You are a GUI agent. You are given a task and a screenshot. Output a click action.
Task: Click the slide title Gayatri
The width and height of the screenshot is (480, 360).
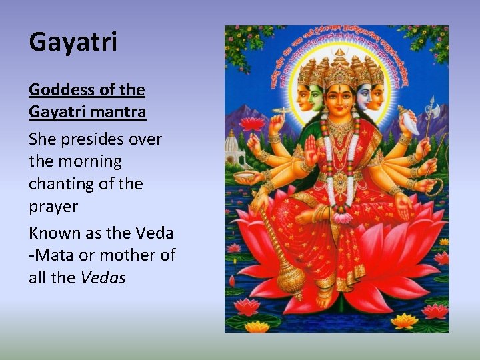(73, 42)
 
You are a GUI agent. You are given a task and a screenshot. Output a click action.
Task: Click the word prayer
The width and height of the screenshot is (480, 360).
(53, 207)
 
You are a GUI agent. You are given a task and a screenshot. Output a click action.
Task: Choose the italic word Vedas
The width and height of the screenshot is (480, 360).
(103, 278)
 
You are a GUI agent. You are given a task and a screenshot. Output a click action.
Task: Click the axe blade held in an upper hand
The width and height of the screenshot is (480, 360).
(430, 107)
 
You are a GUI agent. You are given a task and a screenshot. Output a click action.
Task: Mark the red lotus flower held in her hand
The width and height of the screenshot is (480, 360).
(252, 123)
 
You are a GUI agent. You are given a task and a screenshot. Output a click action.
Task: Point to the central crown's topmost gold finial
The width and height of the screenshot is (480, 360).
(339, 52)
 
